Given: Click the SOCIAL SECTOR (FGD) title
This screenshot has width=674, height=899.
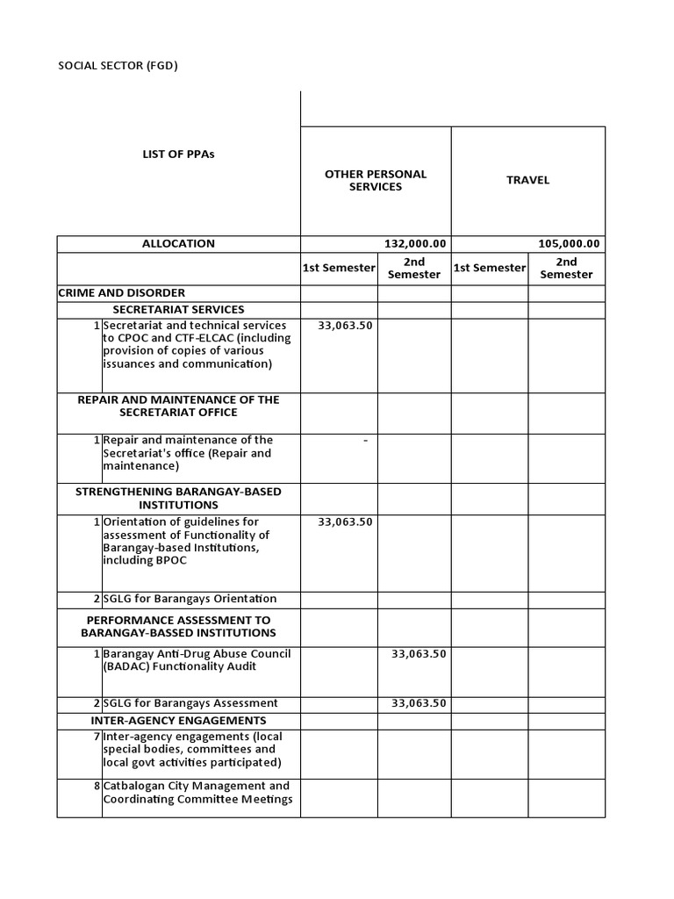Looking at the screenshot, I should tap(123, 65).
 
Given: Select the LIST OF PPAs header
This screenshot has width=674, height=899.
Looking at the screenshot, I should tap(178, 154).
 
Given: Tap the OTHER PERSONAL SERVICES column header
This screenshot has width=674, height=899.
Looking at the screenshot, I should tap(376, 180).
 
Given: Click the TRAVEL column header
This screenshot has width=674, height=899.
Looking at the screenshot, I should tap(528, 180).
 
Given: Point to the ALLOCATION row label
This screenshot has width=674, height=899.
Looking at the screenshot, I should tap(178, 243).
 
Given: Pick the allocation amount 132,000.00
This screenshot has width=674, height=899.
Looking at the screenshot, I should tap(415, 244).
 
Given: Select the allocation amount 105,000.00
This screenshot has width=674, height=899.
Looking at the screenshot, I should tap(569, 244).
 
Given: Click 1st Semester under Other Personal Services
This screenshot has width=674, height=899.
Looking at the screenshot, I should tap(339, 268).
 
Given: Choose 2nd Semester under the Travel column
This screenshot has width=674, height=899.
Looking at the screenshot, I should tap(566, 268).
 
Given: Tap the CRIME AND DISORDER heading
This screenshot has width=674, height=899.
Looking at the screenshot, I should tap(121, 292).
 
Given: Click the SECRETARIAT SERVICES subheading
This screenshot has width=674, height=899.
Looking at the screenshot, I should tap(178, 309).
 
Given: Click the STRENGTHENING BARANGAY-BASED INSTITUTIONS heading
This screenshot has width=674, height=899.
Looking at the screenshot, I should tap(178, 498).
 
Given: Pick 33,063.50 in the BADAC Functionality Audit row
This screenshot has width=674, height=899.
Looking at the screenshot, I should tap(419, 654).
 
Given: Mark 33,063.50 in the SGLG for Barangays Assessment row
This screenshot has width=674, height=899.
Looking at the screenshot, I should tap(419, 702).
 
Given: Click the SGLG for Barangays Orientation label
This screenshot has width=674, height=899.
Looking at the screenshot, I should tap(190, 599).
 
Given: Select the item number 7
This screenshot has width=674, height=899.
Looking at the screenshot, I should tap(97, 737).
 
